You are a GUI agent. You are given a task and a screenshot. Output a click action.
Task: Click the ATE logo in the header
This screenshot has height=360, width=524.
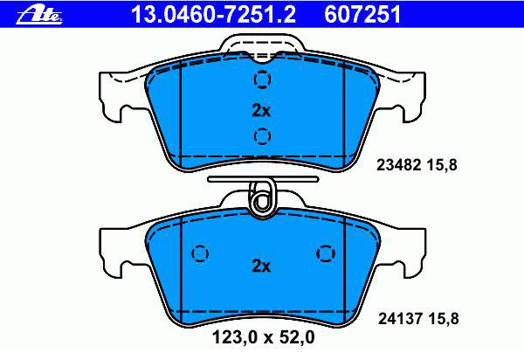click(x=38, y=15)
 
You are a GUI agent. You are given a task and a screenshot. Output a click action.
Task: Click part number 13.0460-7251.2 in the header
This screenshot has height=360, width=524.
click(x=213, y=14)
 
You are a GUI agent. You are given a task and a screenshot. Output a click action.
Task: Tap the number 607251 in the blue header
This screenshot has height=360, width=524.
click(x=362, y=14)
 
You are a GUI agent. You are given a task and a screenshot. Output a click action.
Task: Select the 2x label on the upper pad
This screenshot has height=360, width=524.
click(x=261, y=110)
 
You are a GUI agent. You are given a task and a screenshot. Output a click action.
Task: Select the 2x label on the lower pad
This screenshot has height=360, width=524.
click(x=261, y=267)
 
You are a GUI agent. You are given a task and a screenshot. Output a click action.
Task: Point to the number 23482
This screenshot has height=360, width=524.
click(x=398, y=165)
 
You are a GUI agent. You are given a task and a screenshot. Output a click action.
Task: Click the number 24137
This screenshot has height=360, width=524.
click(x=400, y=318)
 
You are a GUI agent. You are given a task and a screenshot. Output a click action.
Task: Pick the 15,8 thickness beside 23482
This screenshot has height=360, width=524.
click(x=441, y=165)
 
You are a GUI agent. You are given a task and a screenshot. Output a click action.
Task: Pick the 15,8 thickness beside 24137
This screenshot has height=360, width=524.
click(x=443, y=319)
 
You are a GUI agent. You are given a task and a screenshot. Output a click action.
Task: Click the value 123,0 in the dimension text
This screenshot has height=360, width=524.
click(x=235, y=337)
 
